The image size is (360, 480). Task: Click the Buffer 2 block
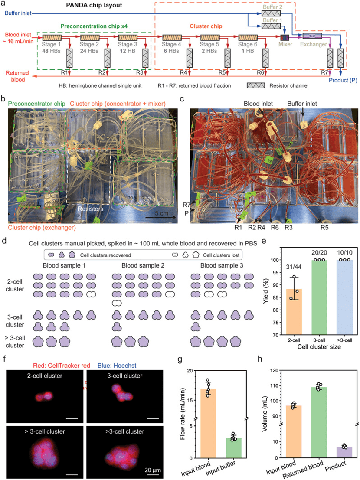point(272,14)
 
